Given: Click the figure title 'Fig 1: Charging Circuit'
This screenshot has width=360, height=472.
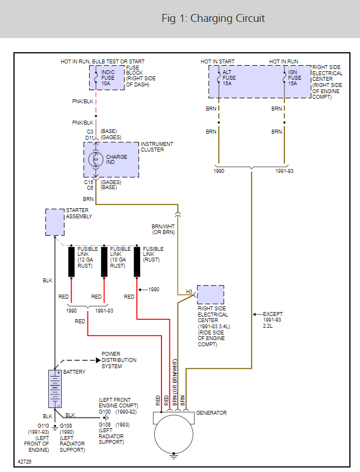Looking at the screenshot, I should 213,19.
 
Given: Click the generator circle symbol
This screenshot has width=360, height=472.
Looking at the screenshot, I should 174,434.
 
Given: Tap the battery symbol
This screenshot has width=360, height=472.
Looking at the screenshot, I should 55,388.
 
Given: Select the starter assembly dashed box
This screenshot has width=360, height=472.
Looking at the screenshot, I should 54,222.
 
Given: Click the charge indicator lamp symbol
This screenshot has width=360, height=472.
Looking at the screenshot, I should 96,160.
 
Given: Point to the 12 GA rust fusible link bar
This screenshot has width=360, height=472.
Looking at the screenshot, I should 71,261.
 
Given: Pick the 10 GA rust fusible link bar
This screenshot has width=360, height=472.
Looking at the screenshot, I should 104,261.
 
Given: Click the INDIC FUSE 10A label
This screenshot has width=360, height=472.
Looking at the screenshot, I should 108,78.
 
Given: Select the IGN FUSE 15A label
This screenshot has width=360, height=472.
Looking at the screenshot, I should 294,78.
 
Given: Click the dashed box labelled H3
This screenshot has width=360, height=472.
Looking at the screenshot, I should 210,295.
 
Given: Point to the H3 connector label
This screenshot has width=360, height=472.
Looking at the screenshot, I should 189,292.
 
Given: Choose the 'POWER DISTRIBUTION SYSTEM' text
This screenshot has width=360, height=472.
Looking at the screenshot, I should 119,360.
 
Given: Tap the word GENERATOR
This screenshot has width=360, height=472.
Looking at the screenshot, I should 211,413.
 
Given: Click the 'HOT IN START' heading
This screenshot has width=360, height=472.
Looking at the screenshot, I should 218,61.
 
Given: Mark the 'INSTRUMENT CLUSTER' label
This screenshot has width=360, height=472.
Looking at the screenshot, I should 157,147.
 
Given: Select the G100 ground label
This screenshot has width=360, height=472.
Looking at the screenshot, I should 105,412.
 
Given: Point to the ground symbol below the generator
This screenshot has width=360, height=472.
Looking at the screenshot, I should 174,457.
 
